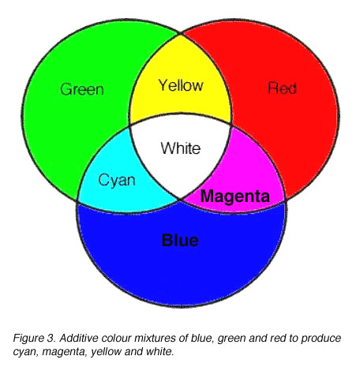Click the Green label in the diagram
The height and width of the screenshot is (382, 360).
82,89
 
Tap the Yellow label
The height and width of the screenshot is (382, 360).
181,85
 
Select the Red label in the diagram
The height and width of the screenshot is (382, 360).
282,88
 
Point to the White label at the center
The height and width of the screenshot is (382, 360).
181,148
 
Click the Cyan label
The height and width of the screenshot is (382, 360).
117,181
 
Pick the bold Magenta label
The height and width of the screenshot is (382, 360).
235,197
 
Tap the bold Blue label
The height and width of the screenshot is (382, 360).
180,240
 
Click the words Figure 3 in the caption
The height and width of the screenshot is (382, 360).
34,338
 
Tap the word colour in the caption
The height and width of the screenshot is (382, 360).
116,338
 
